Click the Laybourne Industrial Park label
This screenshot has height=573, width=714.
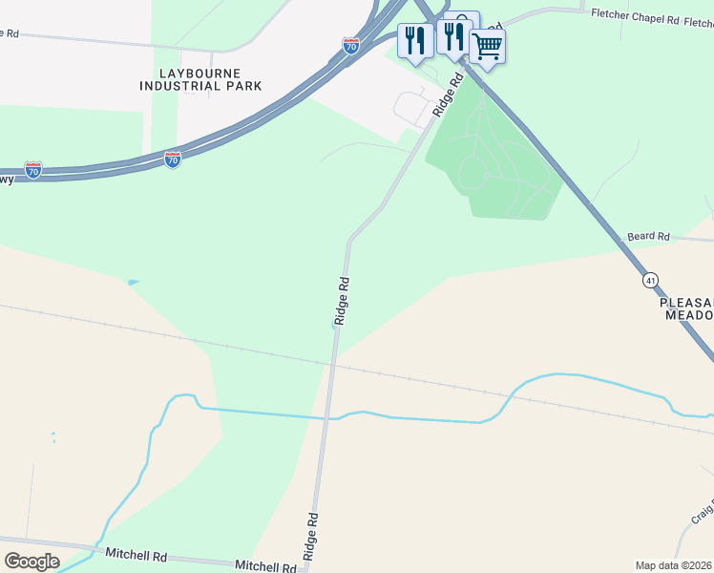click(x=200, y=79)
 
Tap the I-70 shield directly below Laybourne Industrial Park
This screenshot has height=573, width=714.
click(x=172, y=159)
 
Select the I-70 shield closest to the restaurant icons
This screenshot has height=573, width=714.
click(x=351, y=46)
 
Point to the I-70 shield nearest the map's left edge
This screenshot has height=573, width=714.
click(x=33, y=170)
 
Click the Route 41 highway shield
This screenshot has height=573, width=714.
click(x=650, y=280)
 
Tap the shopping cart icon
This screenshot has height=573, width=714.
click(x=487, y=45)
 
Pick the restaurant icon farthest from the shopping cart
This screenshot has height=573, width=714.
click(x=414, y=40)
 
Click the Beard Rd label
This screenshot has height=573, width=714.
click(x=649, y=236)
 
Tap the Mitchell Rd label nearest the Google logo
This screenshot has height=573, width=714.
click(x=136, y=555)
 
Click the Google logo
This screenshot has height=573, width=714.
click(x=32, y=562)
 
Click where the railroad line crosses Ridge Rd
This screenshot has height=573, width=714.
click(x=332, y=363)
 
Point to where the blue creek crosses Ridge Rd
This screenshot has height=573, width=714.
click(x=329, y=417)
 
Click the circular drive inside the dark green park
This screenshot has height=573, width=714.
click(x=473, y=174)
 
